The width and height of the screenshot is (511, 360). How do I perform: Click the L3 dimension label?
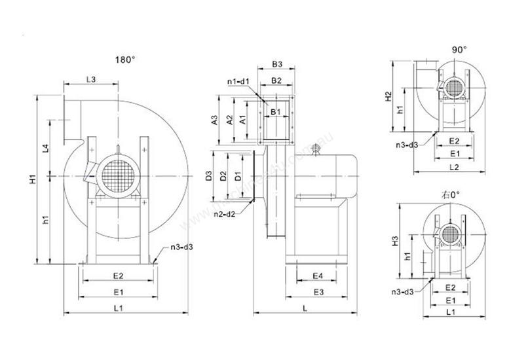point(91,79)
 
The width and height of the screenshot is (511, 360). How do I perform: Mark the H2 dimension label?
point(388,96)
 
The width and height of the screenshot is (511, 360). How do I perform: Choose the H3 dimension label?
point(394,242)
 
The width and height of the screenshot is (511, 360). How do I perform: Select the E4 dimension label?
point(316,275)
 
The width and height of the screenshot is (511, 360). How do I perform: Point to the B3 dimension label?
point(276,64)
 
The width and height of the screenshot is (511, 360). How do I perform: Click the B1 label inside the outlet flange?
point(276,111)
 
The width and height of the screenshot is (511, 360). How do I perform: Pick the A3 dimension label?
point(214,120)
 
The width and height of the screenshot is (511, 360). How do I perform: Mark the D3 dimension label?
point(208,175)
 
